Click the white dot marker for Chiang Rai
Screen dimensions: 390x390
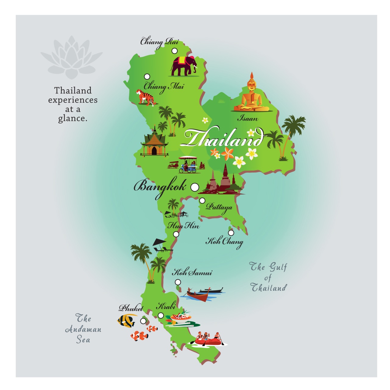tap(175, 51)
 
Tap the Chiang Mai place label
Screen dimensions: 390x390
tap(164, 87)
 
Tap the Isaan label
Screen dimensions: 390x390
tap(248, 119)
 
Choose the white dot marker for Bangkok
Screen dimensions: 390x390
tap(195, 187)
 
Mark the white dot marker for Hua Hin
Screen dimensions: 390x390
tap(176, 234)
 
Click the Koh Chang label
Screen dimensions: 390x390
tap(225, 242)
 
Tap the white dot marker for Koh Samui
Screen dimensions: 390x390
tap(178, 282)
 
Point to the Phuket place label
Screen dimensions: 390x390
tap(131, 308)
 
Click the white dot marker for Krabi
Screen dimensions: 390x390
tap(161, 315)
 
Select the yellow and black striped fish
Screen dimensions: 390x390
tap(126, 321)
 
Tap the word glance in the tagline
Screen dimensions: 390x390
tap(73, 118)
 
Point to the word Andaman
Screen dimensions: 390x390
tap(83, 329)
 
